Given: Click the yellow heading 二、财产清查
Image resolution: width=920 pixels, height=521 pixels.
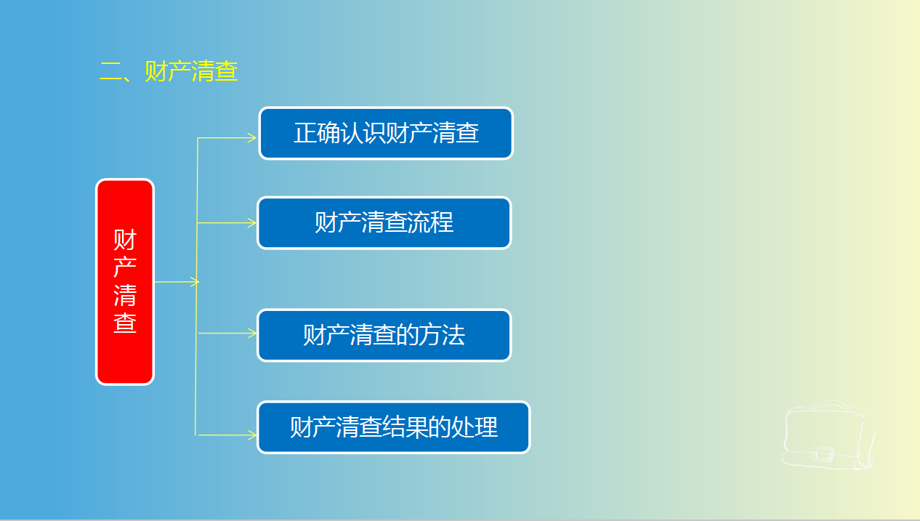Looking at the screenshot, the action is pyautogui.click(x=169, y=71).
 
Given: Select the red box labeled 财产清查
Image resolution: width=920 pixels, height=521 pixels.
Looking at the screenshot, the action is pyautogui.click(x=125, y=282).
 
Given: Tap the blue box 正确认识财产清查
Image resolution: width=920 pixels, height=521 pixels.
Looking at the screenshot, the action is pyautogui.click(x=386, y=134).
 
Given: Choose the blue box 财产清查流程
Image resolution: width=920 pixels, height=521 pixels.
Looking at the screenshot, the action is pyautogui.click(x=384, y=223).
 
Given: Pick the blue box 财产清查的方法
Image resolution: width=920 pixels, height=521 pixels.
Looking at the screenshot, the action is pyautogui.click(x=384, y=335).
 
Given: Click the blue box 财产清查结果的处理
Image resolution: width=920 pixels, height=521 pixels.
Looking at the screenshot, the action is pyautogui.click(x=393, y=427).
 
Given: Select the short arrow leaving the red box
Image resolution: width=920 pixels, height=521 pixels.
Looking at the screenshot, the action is pyautogui.click(x=177, y=282).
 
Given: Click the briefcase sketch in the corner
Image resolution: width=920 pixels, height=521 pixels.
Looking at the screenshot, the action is pyautogui.click(x=830, y=435).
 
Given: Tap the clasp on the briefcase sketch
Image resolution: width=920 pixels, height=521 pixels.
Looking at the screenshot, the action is pyautogui.click(x=824, y=453).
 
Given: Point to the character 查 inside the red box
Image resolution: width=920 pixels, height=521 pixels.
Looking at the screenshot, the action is pyautogui.click(x=125, y=323).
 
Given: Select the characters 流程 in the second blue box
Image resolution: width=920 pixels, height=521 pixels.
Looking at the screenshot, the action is pyautogui.click(x=430, y=222).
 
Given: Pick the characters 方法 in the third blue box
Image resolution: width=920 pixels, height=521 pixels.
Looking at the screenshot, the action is pyautogui.click(x=442, y=334).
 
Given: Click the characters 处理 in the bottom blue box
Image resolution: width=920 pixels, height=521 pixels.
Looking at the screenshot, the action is pyautogui.click(x=475, y=427).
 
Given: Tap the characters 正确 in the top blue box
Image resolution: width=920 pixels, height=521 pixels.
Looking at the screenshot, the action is pyautogui.click(x=317, y=133).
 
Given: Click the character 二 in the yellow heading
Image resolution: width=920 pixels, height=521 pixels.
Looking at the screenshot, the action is pyautogui.click(x=110, y=71).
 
